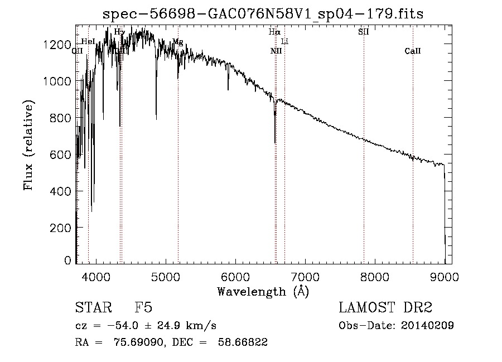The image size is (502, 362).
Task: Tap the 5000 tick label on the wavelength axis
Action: pyautogui.click(x=165, y=276)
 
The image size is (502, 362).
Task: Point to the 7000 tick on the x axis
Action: pyautogui.click(x=305, y=276)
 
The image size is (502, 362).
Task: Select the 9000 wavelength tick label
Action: pyautogui.click(x=445, y=276)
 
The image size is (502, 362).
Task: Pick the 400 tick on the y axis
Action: pyautogui.click(x=63, y=191)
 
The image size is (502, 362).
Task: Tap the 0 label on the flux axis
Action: pyautogui.click(x=68, y=260)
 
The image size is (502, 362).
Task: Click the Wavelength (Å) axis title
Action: pyautogui.click(x=263, y=291)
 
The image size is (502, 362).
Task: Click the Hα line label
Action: pyautogui.click(x=274, y=32)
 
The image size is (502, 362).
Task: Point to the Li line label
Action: pyautogui.click(x=284, y=42)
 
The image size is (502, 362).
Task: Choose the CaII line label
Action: pyautogui.click(x=413, y=51)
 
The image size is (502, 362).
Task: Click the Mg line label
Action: pyautogui.click(x=177, y=42)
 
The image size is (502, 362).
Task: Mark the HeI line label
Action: pyautogui.click(x=88, y=41)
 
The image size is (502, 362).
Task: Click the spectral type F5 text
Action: pyautogui.click(x=143, y=308)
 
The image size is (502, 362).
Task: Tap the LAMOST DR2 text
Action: pyautogui.click(x=385, y=308)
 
